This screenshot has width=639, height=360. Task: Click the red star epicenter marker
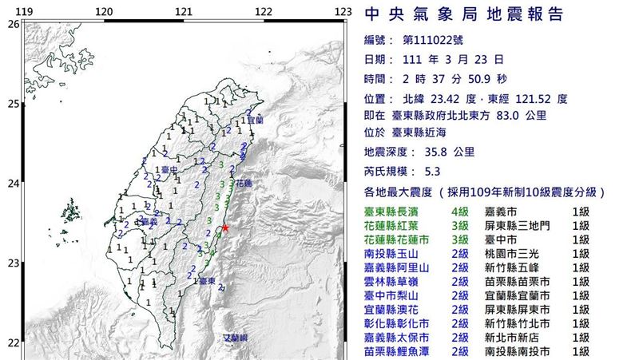pyautogui.click(x=226, y=228)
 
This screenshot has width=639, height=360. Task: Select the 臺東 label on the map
pyautogui.click(x=207, y=282)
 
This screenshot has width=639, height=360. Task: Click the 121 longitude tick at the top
pyautogui.click(x=184, y=11)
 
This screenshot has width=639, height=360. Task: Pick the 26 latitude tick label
pyautogui.click(x=12, y=24)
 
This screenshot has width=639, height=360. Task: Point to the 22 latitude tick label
pyautogui.click(x=12, y=343)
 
